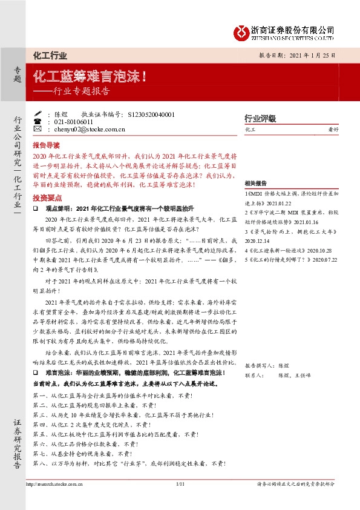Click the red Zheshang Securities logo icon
coord(241,31)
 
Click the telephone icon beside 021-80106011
coord(38,121)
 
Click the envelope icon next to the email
coord(38,129)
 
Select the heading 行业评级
coord(260,118)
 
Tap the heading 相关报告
coord(256,183)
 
